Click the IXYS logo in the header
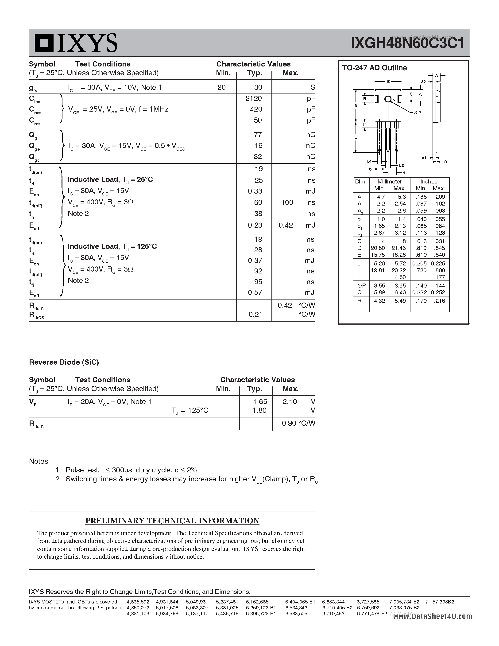click(x=76, y=43)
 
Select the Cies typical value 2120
click(x=254, y=98)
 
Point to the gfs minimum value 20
click(x=221, y=87)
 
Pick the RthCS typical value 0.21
click(x=255, y=314)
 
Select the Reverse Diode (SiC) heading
click(x=64, y=362)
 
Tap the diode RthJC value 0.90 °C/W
click(x=298, y=423)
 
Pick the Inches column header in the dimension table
click(x=429, y=182)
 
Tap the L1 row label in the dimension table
click(x=360, y=277)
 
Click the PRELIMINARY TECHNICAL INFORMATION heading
click(x=172, y=521)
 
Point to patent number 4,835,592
click(x=138, y=602)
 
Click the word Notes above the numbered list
click(x=39, y=461)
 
